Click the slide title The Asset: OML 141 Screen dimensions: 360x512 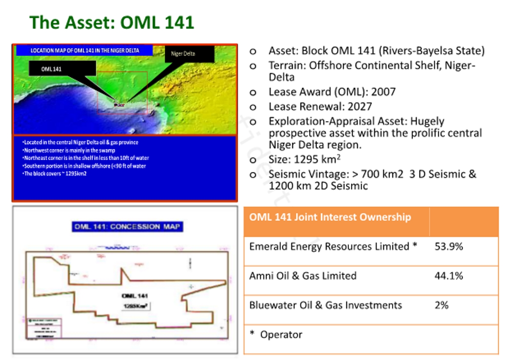112,23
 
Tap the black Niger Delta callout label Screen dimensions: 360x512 189,54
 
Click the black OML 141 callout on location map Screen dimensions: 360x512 62,69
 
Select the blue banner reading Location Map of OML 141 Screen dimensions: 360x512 85,50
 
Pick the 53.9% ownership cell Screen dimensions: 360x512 448,246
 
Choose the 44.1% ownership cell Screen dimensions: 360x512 448,276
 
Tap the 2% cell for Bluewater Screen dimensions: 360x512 441,305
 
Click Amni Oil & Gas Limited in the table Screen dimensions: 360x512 303,276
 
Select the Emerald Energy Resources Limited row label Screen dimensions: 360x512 329,246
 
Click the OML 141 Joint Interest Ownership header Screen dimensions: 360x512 330,217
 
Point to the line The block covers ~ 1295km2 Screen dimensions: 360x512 55,173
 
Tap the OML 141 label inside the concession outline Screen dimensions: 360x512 135,296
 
